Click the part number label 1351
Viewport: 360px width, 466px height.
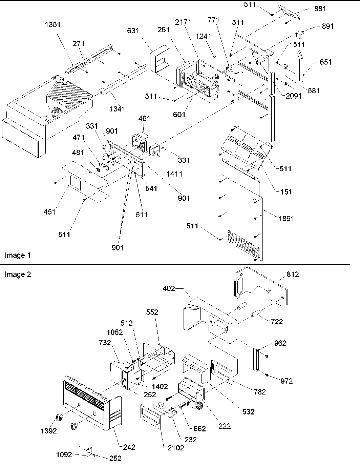(52, 25)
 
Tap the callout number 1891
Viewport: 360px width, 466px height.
(286, 219)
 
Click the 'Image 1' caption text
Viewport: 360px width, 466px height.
(18, 255)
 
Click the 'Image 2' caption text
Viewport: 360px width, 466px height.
(18, 275)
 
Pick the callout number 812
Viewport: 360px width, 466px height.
(292, 275)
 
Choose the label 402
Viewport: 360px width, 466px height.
(169, 288)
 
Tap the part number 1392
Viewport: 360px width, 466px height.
(49, 431)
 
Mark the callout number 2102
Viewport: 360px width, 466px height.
(176, 448)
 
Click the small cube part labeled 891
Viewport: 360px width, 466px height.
(300, 35)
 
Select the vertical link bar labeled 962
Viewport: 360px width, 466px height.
(256, 360)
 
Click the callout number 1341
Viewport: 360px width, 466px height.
(118, 109)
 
